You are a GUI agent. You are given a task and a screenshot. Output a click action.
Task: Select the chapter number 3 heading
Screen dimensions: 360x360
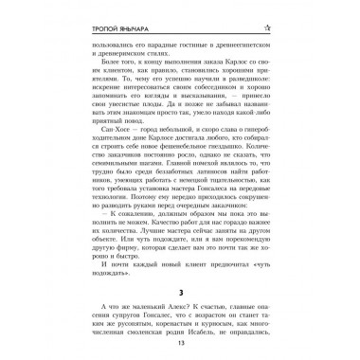(x=179, y=282)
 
